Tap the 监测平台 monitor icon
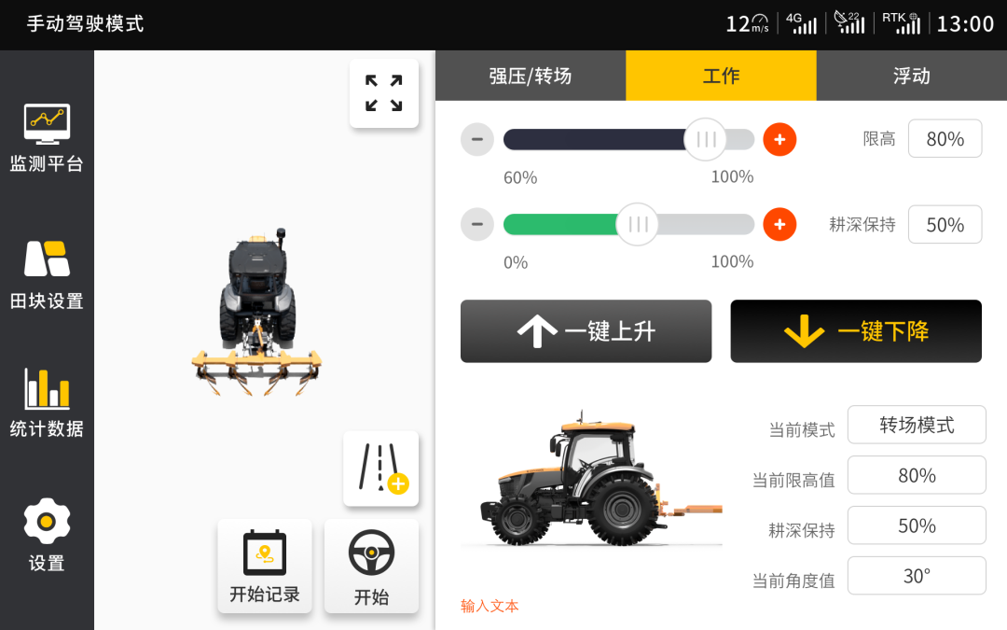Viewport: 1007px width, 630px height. click(47, 123)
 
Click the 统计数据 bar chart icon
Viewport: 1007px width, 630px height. click(47, 389)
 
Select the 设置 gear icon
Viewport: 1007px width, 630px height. click(47, 521)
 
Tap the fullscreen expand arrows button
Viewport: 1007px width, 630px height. click(384, 93)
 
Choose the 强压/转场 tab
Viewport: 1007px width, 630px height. click(531, 76)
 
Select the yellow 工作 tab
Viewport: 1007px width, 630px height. click(721, 76)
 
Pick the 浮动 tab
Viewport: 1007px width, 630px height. click(912, 76)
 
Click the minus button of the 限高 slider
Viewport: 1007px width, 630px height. click(477, 139)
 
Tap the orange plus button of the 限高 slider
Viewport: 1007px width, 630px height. click(779, 139)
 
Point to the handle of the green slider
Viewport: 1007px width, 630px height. click(637, 224)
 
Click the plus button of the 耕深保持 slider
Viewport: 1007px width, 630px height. click(779, 224)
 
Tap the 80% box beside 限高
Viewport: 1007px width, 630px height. click(945, 138)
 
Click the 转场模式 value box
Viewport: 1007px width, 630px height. click(917, 425)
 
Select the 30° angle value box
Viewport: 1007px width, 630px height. click(917, 575)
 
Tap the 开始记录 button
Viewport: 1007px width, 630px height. click(265, 567)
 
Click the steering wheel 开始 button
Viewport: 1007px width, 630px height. click(371, 567)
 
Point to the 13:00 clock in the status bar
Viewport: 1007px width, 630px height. click(965, 24)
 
